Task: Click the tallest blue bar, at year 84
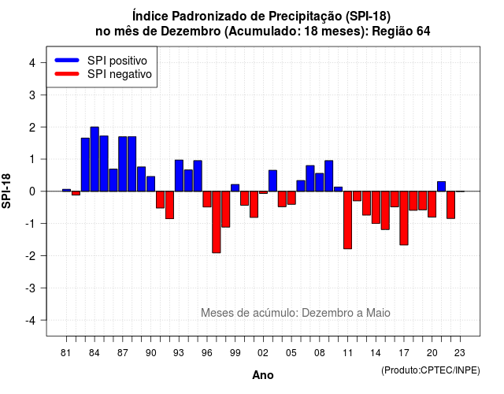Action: click(94, 159)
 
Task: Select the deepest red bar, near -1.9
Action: click(217, 222)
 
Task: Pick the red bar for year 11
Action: click(347, 220)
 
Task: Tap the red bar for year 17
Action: click(404, 218)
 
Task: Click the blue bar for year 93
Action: click(179, 176)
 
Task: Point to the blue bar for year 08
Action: click(320, 182)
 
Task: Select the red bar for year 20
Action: click(432, 204)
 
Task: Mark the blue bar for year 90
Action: click(150, 184)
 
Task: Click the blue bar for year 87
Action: click(123, 164)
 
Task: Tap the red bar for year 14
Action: click(376, 207)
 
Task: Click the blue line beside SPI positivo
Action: click(67, 60)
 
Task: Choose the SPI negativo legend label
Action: click(119, 74)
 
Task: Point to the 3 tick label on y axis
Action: click(32, 95)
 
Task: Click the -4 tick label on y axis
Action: click(31, 321)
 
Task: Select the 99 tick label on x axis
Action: click(235, 353)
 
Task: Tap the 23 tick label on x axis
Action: click(460, 353)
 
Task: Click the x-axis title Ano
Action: click(263, 375)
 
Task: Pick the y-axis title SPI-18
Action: click(6, 191)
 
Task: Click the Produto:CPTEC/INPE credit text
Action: click(431, 370)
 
